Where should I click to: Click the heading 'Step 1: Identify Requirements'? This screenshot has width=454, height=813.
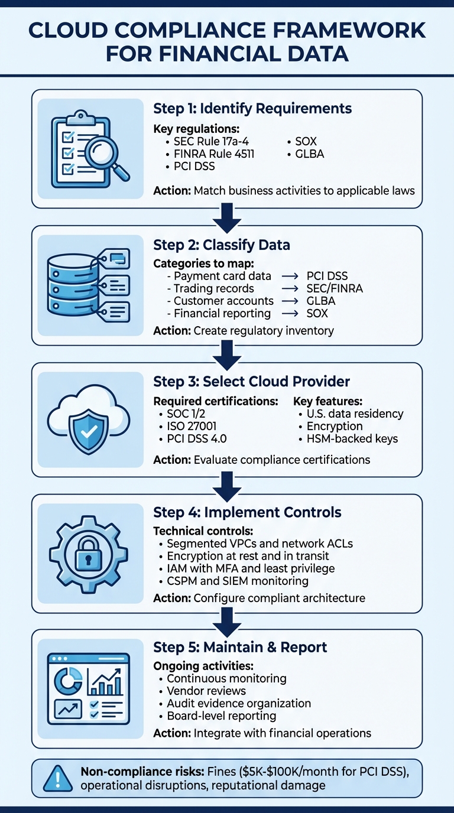[252, 108]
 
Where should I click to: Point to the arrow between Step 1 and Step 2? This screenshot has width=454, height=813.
[227, 217]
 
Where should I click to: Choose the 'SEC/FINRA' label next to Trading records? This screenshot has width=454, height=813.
[335, 288]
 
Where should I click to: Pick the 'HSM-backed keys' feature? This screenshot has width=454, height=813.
[352, 438]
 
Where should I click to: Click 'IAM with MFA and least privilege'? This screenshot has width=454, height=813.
[251, 568]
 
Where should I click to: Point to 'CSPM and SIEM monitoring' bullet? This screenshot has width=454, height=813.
[238, 581]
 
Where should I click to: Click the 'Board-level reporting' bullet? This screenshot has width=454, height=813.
[221, 716]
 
